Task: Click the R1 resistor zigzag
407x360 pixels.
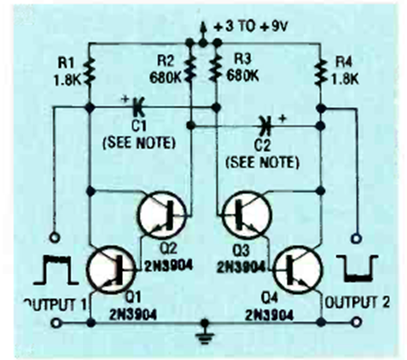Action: (90, 72)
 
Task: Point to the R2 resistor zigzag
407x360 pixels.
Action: (190, 69)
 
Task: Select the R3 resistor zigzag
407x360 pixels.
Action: (216, 69)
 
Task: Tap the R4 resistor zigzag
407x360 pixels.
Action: (321, 72)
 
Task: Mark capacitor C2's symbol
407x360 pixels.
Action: (265, 126)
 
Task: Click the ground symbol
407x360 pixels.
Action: (205, 334)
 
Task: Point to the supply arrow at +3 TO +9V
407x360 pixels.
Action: (203, 32)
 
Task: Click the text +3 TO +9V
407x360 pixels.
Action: (251, 27)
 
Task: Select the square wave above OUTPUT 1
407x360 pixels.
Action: (56, 270)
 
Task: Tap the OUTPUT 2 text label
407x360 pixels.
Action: (357, 302)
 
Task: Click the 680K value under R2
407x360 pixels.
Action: (166, 78)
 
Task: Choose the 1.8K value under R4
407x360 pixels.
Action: (344, 78)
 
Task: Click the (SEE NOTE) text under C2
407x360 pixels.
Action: (262, 163)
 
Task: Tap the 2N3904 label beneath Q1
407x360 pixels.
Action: (133, 315)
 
